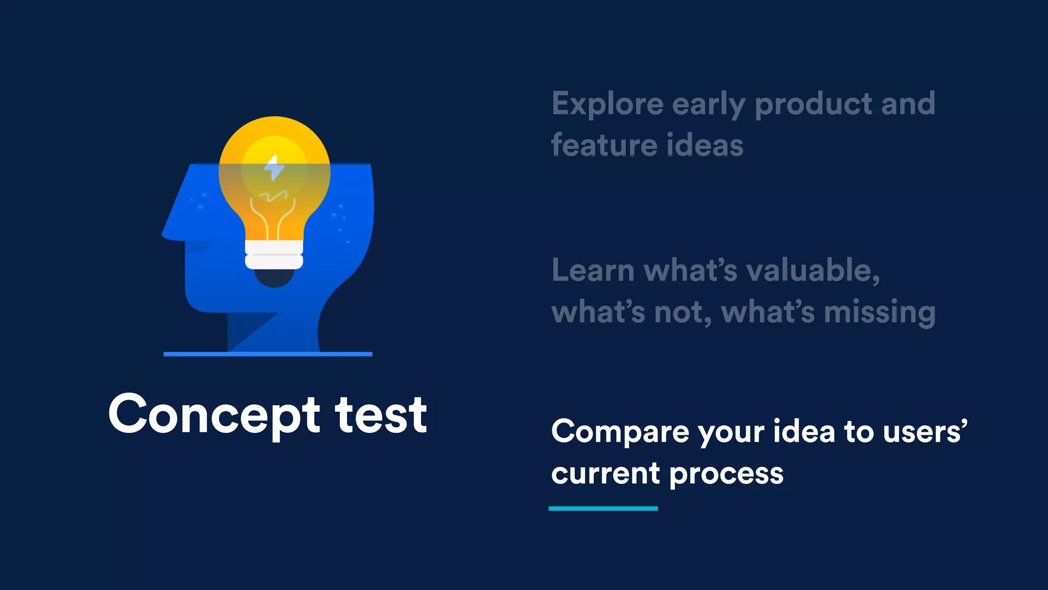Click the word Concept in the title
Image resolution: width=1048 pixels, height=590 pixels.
click(x=214, y=415)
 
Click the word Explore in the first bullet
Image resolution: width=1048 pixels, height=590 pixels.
click(x=607, y=104)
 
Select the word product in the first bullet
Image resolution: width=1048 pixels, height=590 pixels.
click(x=813, y=104)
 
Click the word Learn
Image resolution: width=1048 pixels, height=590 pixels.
click(x=593, y=270)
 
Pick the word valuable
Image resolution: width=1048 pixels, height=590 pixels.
click(x=813, y=270)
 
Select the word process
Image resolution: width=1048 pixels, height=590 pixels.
click(x=726, y=474)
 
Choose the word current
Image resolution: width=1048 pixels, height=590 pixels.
click(x=605, y=474)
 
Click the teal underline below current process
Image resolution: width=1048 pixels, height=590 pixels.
click(x=603, y=509)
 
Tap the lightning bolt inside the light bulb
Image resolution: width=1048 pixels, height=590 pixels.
click(x=274, y=167)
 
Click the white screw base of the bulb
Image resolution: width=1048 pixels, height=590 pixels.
click(x=274, y=255)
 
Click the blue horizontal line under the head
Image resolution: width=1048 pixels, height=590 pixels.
click(x=268, y=354)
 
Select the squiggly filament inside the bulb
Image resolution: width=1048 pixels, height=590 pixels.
click(x=273, y=196)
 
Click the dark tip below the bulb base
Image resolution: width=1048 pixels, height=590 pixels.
click(x=274, y=278)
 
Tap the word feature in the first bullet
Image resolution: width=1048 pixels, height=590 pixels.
click(x=602, y=145)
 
